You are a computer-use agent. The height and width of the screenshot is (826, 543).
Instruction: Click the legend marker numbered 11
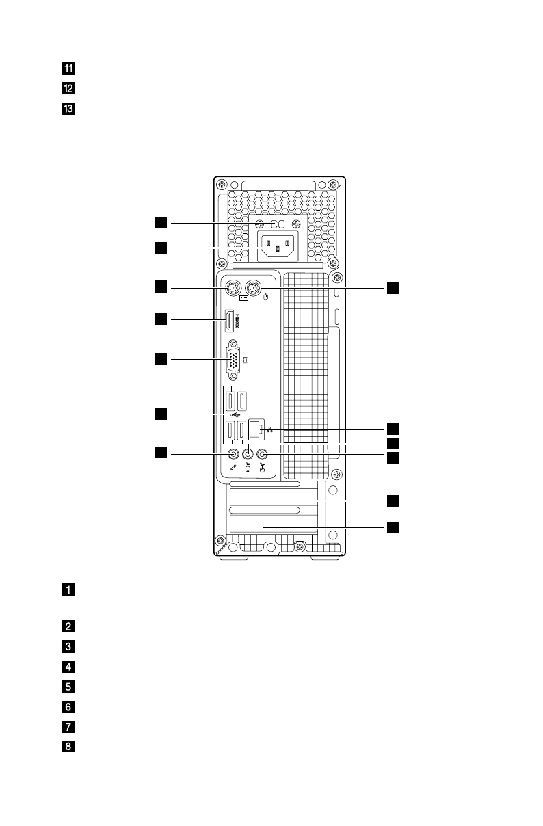(x=69, y=68)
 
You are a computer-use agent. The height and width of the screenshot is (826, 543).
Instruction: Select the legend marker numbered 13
(x=69, y=108)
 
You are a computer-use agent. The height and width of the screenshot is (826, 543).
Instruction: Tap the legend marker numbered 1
(x=69, y=589)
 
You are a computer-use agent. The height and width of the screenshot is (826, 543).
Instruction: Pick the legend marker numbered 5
(x=69, y=684)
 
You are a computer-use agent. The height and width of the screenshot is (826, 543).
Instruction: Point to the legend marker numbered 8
(x=69, y=747)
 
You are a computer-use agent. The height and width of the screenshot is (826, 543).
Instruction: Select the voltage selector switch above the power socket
(x=277, y=224)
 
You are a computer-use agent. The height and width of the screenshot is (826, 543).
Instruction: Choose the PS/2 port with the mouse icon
(x=255, y=289)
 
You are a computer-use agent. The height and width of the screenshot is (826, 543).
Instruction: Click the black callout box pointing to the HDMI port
(x=160, y=319)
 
